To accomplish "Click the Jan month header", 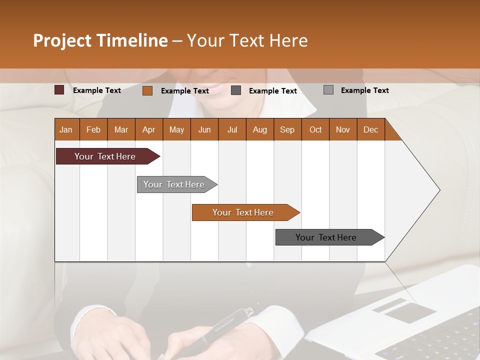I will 66,129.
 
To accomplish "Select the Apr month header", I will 148,129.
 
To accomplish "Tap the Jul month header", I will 232,129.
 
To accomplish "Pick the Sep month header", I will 287,129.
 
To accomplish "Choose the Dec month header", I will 370,129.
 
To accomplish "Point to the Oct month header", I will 315,129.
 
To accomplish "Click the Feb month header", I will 93,129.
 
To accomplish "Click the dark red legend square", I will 59,90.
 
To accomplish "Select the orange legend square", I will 147,90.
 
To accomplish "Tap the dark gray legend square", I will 236,90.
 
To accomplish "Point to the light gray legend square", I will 328,90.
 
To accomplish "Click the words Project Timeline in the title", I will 100,40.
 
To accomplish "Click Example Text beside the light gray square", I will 364,90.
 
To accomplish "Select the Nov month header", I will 343,129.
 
